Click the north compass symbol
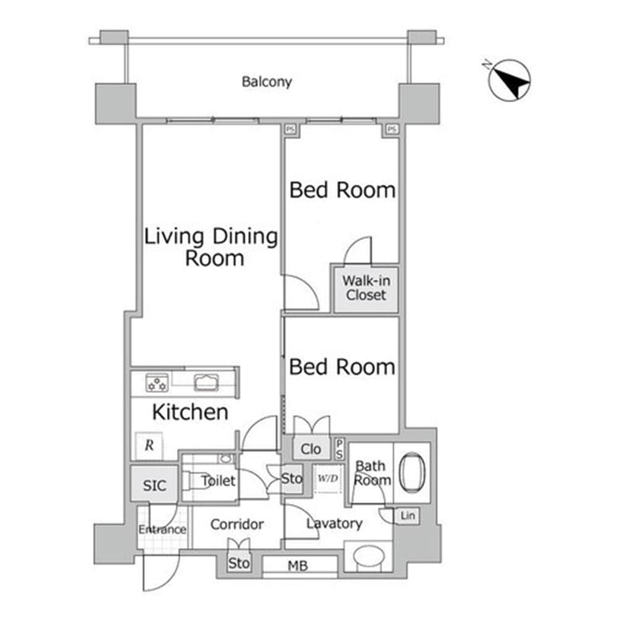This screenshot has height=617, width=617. coord(510,80)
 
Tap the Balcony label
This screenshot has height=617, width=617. coord(267,81)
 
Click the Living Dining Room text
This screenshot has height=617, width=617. coord(211,247)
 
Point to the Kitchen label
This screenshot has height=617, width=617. coord(190,412)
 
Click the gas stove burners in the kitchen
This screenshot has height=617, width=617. coord(157,383)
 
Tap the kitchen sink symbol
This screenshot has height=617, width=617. coord(204,383)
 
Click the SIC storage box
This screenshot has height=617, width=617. coord(154,485)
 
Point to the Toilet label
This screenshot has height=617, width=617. coord(218,480)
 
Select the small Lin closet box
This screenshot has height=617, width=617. coord(408,515)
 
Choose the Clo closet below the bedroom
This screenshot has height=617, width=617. coord(311,449)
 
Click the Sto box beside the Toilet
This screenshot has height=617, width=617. coord(292,479)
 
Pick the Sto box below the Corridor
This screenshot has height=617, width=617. coord(239,563)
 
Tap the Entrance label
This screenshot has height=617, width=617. coord(162,529)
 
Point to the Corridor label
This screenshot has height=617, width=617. coord(237,524)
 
